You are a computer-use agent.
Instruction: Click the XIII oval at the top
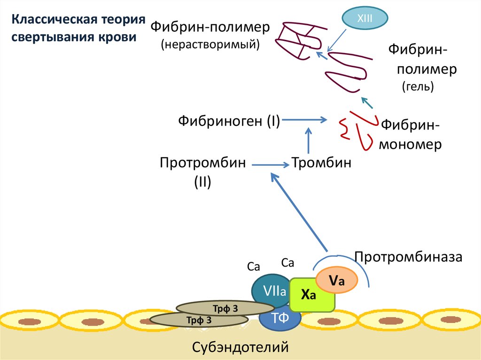(x=365, y=19)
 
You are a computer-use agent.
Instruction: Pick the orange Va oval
(x=337, y=281)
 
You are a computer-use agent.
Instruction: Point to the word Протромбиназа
(x=409, y=257)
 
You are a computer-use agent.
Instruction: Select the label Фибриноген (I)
(x=229, y=121)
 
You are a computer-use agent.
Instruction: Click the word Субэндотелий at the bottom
(x=240, y=348)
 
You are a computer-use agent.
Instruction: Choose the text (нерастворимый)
(x=210, y=45)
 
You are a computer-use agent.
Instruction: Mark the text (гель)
(x=418, y=86)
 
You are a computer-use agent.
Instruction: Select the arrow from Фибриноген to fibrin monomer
(x=305, y=121)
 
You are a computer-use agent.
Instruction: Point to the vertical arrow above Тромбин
(x=309, y=141)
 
